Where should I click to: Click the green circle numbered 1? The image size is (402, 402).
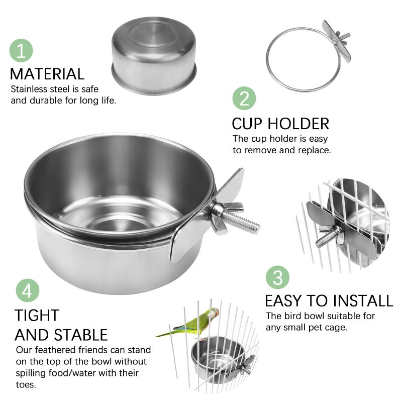point(21,51)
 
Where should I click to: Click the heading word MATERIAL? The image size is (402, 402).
point(47,74)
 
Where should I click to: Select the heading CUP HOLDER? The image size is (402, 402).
point(280,124)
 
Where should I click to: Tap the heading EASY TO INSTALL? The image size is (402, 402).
point(329,300)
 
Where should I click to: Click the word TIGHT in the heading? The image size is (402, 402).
point(37,316)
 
